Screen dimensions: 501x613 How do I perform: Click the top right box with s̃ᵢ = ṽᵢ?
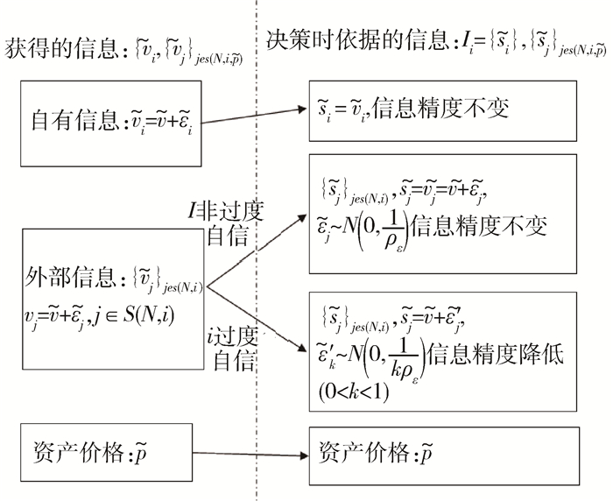pos(442,109)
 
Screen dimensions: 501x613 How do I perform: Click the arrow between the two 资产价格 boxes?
pos(250,455)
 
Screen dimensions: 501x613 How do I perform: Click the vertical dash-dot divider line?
pos(256,263)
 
